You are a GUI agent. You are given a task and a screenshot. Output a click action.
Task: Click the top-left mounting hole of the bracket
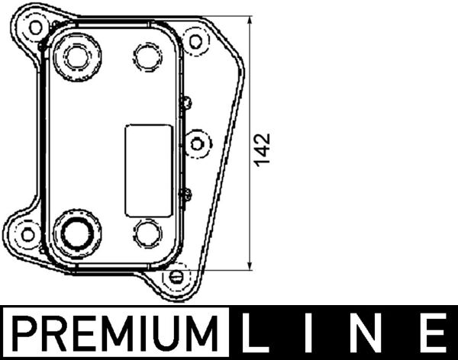coord(35,27)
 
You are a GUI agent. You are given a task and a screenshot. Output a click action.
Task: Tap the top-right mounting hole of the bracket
coord(196,40)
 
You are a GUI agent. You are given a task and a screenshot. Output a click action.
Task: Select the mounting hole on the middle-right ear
coord(197,143)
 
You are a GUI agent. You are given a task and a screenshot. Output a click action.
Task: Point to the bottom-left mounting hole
coord(28,233)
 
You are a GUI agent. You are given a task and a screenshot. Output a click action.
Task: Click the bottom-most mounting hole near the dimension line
coord(176,275)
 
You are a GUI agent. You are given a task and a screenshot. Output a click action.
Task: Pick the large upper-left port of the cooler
coord(77,55)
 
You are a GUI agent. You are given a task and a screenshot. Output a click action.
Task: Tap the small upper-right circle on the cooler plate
coord(147,54)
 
